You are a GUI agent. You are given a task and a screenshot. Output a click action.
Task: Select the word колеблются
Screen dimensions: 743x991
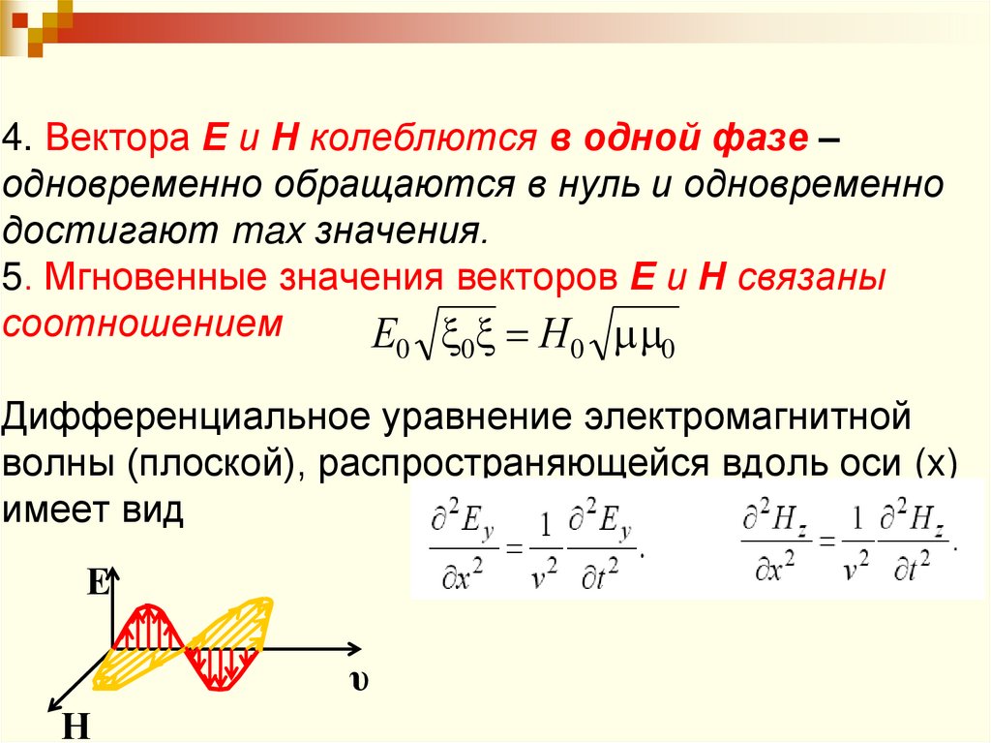tap(426, 139)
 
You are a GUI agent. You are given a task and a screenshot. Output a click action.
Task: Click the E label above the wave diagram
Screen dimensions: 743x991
tap(97, 582)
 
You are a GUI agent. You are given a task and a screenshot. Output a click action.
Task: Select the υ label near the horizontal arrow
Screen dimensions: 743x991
tap(359, 680)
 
